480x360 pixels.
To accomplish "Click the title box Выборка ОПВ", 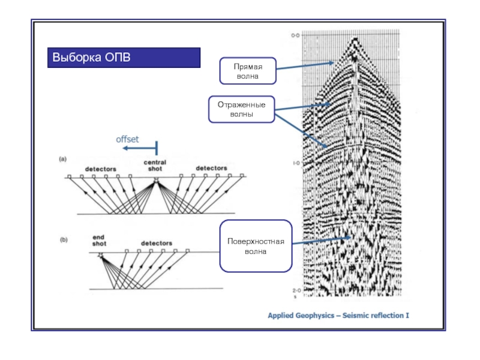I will [x=124, y=58].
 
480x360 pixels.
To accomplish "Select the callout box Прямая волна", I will [x=247, y=71].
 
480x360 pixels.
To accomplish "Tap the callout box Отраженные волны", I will [x=241, y=109].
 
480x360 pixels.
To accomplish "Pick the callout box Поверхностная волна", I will [x=256, y=246].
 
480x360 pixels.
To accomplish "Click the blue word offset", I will [x=127, y=139].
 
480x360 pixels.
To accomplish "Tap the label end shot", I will [x=99, y=240].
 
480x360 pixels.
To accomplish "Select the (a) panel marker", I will [x=62, y=159].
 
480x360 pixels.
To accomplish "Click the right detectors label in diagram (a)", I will [x=211, y=168].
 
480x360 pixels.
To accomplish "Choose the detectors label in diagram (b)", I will [x=157, y=243].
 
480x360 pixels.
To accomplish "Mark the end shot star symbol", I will [x=100, y=254].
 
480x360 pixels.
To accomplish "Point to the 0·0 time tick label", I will [x=295, y=36].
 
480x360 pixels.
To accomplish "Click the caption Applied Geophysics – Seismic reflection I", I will [x=338, y=314].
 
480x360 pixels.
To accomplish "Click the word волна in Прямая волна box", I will [x=247, y=77].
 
